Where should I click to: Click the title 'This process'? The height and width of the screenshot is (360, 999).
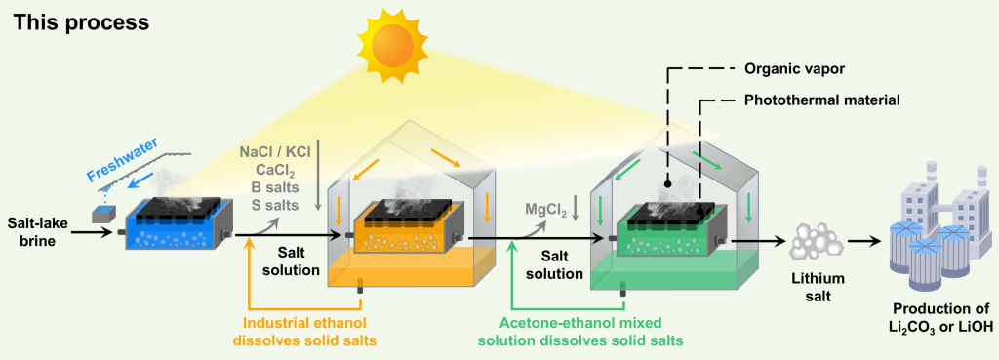pyautogui.click(x=81, y=22)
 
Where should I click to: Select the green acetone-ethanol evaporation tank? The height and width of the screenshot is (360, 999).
pyautogui.click(x=668, y=229)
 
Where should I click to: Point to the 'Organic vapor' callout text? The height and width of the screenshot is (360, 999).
pyautogui.click(x=786, y=69)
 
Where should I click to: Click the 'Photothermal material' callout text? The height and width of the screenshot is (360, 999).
pyautogui.click(x=821, y=100)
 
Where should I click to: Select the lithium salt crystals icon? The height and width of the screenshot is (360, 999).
pyautogui.click(x=808, y=241)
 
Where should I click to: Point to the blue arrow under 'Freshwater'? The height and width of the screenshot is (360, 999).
pyautogui.click(x=142, y=181)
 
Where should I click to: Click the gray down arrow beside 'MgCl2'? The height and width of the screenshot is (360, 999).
pyautogui.click(x=575, y=209)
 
